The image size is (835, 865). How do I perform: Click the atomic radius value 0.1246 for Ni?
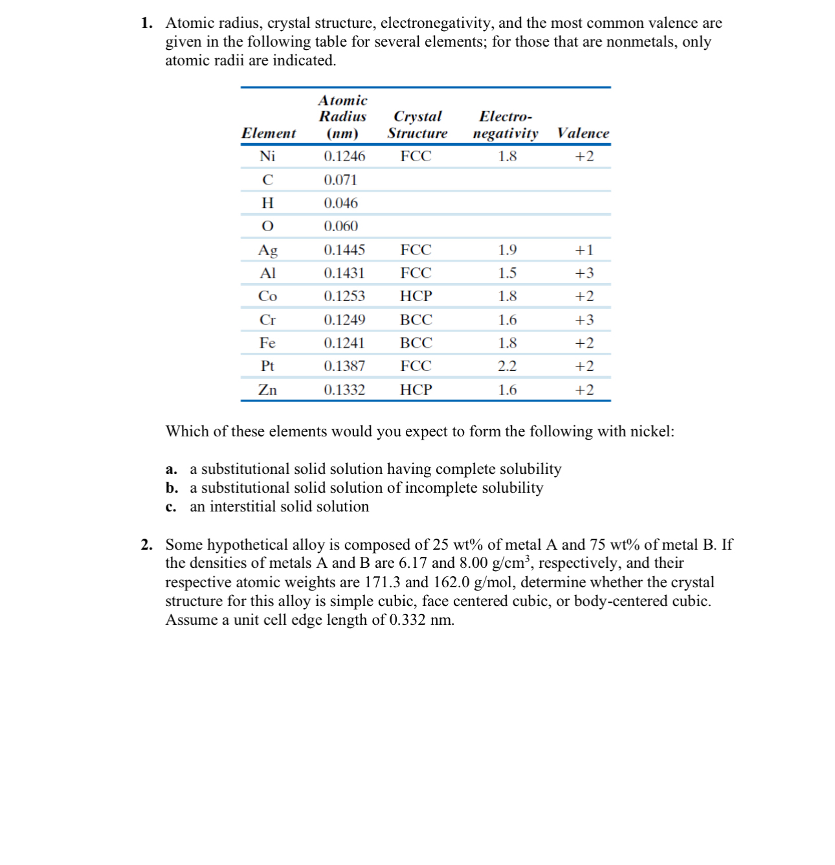click(x=344, y=157)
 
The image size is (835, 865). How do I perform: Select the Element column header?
click(x=268, y=133)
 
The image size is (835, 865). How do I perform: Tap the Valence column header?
click(x=583, y=133)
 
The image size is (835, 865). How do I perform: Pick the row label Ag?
click(x=267, y=250)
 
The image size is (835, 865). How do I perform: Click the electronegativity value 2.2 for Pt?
click(x=507, y=366)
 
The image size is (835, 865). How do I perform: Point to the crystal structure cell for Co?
click(x=416, y=297)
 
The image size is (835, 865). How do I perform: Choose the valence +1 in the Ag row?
click(x=584, y=250)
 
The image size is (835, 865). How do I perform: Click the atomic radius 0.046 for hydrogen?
click(x=340, y=203)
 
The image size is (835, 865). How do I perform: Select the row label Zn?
click(x=267, y=390)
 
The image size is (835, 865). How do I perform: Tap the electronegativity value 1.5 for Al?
click(x=507, y=273)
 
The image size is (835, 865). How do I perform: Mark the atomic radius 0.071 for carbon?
click(x=340, y=180)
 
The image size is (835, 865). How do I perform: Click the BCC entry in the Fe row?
click(x=416, y=343)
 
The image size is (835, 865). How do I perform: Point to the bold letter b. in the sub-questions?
click(x=172, y=488)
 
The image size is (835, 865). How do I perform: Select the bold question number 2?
click(x=147, y=545)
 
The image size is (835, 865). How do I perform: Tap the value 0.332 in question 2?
click(x=407, y=620)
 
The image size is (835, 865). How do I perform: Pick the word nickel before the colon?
click(x=650, y=432)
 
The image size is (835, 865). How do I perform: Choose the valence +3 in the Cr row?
click(x=584, y=320)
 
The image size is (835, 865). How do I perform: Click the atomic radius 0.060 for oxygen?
click(x=340, y=227)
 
